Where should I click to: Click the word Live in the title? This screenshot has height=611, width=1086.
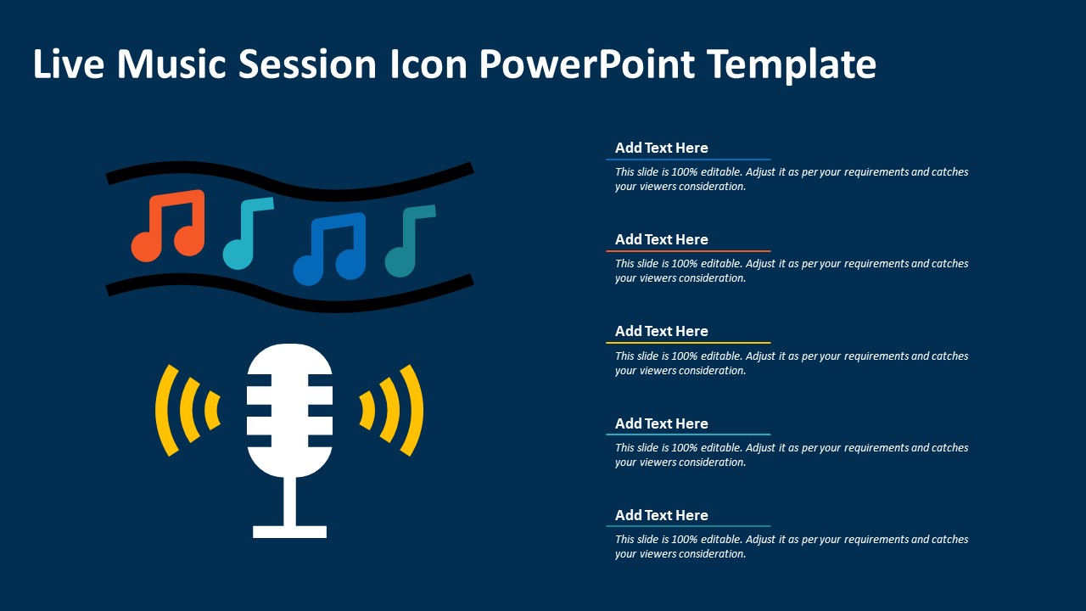[69, 64]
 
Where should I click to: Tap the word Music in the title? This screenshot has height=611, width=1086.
[171, 64]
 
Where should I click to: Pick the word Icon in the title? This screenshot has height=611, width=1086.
[428, 64]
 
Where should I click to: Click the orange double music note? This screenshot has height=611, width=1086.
[168, 226]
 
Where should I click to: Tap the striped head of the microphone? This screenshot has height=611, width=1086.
[289, 410]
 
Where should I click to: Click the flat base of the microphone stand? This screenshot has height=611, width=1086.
[289, 532]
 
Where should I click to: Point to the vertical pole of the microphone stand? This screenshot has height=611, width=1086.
[289, 502]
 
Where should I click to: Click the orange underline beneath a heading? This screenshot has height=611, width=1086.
[688, 251]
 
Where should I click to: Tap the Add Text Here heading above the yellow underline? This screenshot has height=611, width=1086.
[661, 331]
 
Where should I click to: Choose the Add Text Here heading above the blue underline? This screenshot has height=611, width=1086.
[661, 148]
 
